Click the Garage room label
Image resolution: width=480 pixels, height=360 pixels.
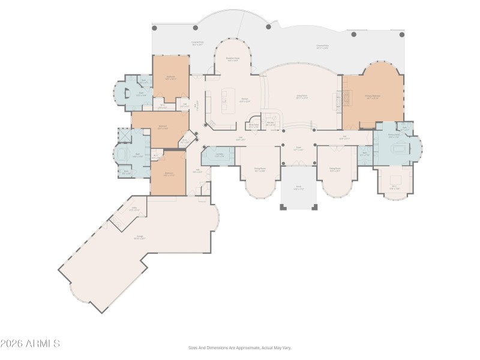(140, 238)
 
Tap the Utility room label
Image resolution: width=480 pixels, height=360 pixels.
(135, 209)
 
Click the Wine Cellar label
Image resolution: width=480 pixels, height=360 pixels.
(254, 126)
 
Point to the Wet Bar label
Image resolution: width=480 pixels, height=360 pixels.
(271, 124)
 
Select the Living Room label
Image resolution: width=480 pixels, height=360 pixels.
(302, 96)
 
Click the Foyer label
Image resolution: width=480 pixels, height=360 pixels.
(298, 149)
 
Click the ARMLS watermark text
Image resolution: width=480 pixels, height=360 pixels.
(30, 344)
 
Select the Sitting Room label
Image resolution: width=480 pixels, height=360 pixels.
(335, 170)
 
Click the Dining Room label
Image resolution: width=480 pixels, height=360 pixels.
(259, 170)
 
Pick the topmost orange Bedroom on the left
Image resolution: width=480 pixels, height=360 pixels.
(170, 78)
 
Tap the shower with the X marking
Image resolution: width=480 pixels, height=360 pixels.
(124, 136)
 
